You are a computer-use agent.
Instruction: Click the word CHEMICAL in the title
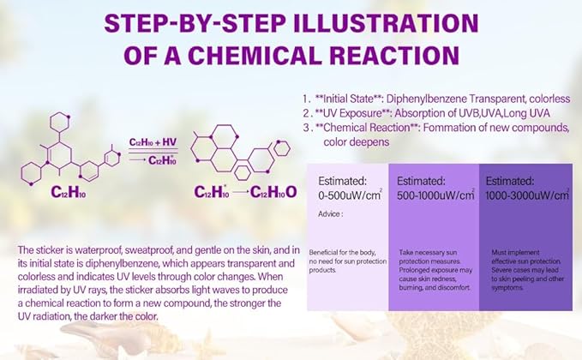click(x=255, y=56)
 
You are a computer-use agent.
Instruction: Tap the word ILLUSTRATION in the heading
click(x=385, y=23)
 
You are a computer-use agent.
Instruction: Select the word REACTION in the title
click(x=394, y=56)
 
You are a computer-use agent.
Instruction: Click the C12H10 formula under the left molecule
click(x=69, y=192)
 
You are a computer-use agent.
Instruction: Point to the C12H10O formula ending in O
click(x=273, y=192)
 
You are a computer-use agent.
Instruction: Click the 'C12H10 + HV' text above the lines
click(x=153, y=142)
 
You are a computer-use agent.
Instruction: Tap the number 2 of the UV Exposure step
click(x=306, y=113)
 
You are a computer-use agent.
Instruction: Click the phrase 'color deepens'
click(x=357, y=142)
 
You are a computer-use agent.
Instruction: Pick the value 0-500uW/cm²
click(x=350, y=195)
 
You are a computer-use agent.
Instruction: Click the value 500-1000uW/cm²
click(x=435, y=195)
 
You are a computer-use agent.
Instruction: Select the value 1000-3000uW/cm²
click(x=527, y=195)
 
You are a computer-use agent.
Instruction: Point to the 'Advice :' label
click(x=330, y=214)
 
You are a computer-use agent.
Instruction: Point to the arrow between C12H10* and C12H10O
click(x=240, y=192)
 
